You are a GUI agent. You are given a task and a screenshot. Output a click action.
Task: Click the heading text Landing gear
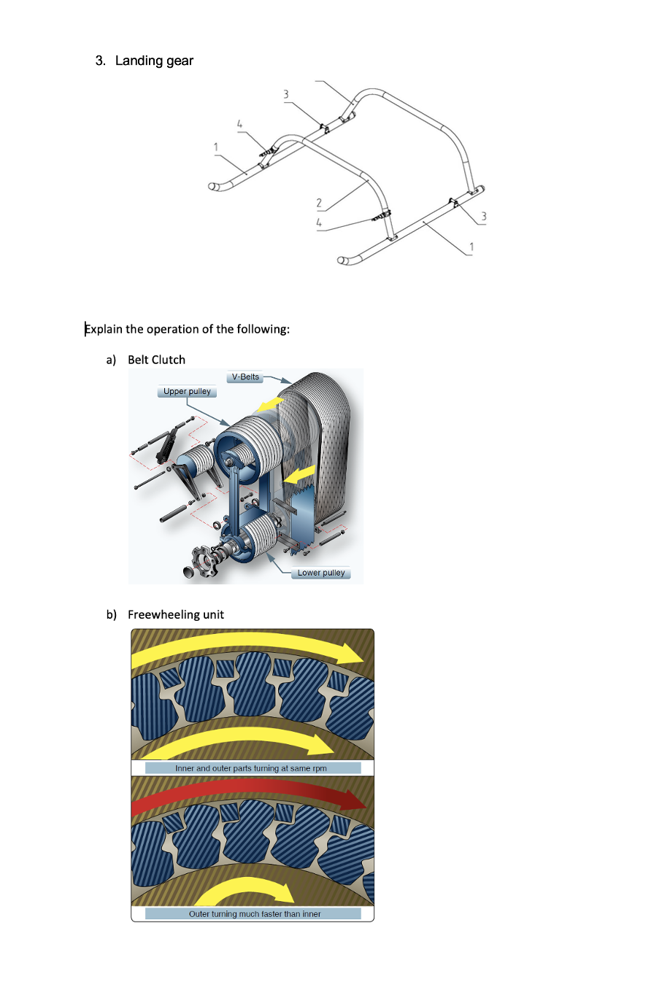click(154, 61)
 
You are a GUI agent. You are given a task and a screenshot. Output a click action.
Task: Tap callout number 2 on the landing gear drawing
click(319, 203)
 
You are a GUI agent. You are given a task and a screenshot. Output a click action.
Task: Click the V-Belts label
click(245, 377)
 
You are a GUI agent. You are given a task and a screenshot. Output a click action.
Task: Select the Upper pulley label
click(187, 392)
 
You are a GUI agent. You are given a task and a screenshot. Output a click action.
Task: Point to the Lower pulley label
click(321, 573)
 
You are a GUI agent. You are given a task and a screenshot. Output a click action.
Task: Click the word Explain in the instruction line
click(104, 329)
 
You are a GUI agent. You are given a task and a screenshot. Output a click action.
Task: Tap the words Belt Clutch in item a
click(156, 360)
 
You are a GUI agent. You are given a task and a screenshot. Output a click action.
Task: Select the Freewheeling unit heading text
click(176, 614)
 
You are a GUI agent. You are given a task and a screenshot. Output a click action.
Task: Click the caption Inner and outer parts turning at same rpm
click(252, 768)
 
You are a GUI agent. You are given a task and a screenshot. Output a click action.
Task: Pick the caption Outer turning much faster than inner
click(254, 913)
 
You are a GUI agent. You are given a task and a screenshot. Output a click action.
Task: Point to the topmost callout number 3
click(286, 94)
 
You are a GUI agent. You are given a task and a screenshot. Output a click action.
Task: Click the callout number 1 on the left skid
click(216, 147)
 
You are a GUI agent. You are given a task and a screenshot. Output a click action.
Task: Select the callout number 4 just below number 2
click(319, 223)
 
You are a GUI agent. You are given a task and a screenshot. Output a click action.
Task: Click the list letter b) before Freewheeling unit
click(112, 614)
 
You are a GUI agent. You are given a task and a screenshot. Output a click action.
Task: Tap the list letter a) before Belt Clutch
click(112, 360)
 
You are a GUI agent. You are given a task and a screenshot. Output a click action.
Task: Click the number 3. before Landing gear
click(101, 61)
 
